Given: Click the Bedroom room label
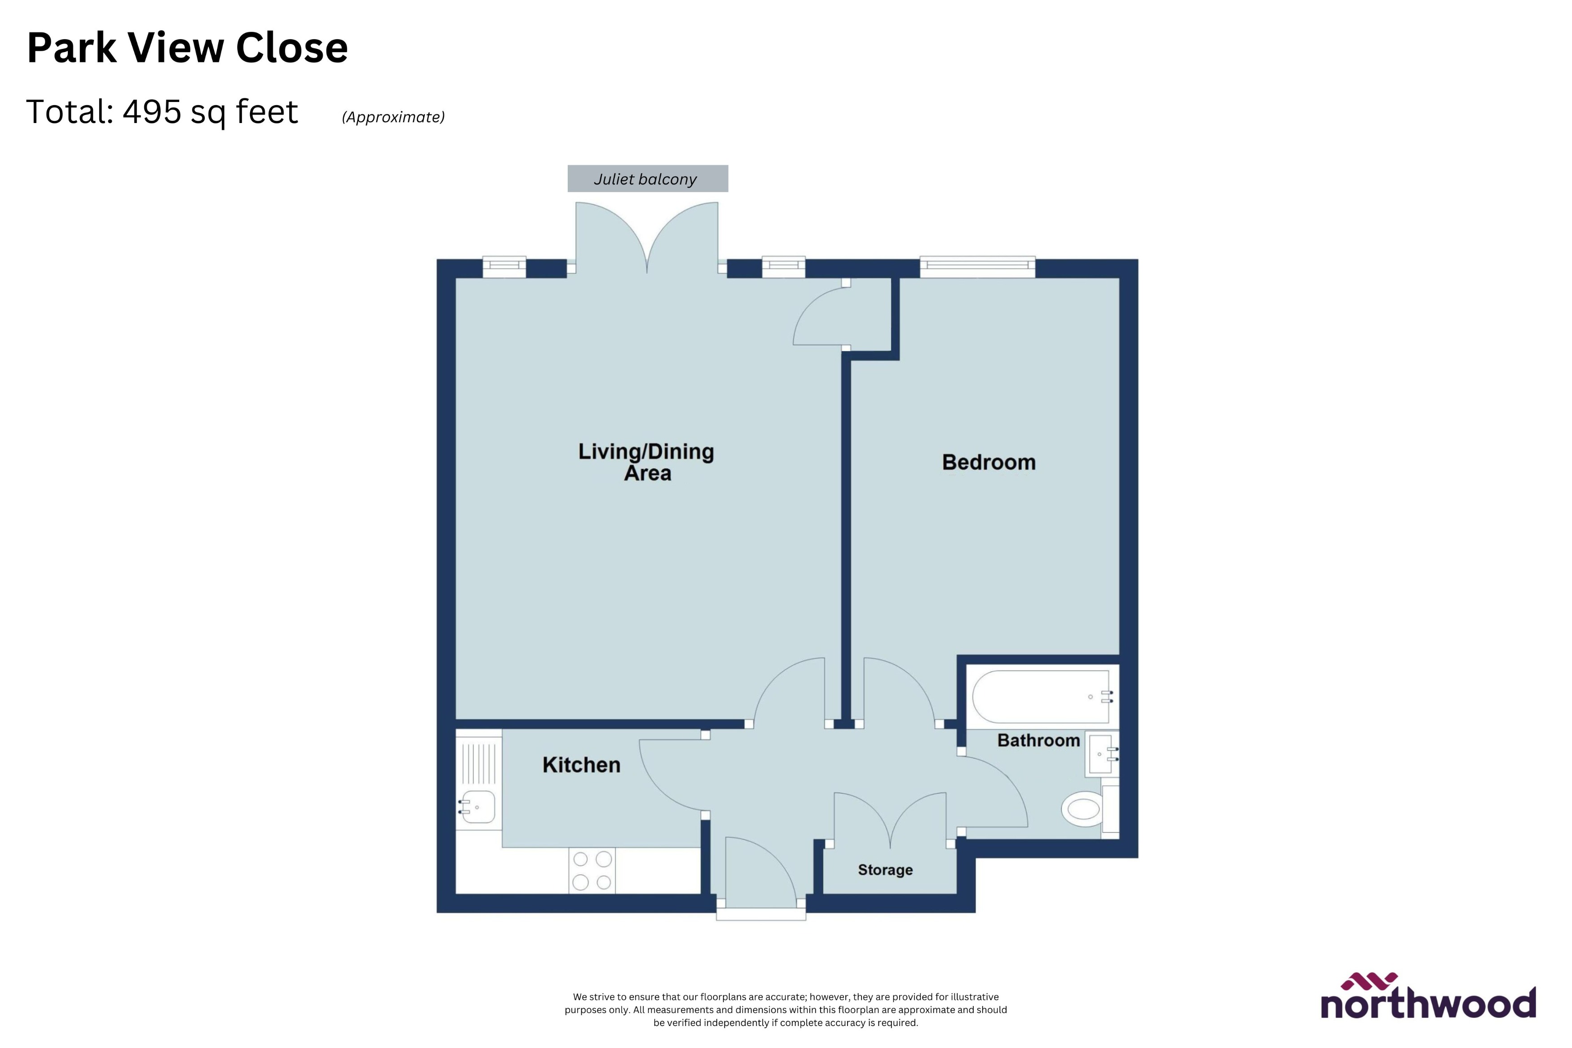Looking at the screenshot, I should tap(989, 462).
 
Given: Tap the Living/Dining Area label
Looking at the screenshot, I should tap(646, 462).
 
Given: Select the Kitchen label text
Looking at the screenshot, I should tap(582, 765).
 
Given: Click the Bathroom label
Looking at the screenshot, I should tap(1038, 740).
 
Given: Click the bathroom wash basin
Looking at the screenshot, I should tap(1101, 754).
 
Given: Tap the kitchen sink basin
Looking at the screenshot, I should tap(478, 807).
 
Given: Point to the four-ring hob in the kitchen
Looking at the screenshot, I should tap(592, 870).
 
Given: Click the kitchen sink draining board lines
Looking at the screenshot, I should tap(478, 762).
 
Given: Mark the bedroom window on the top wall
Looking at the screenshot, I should tap(977, 267).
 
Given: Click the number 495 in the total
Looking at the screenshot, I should tap(152, 112).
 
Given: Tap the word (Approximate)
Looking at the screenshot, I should tap(393, 117).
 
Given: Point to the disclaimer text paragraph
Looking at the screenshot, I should tap(786, 1009).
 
